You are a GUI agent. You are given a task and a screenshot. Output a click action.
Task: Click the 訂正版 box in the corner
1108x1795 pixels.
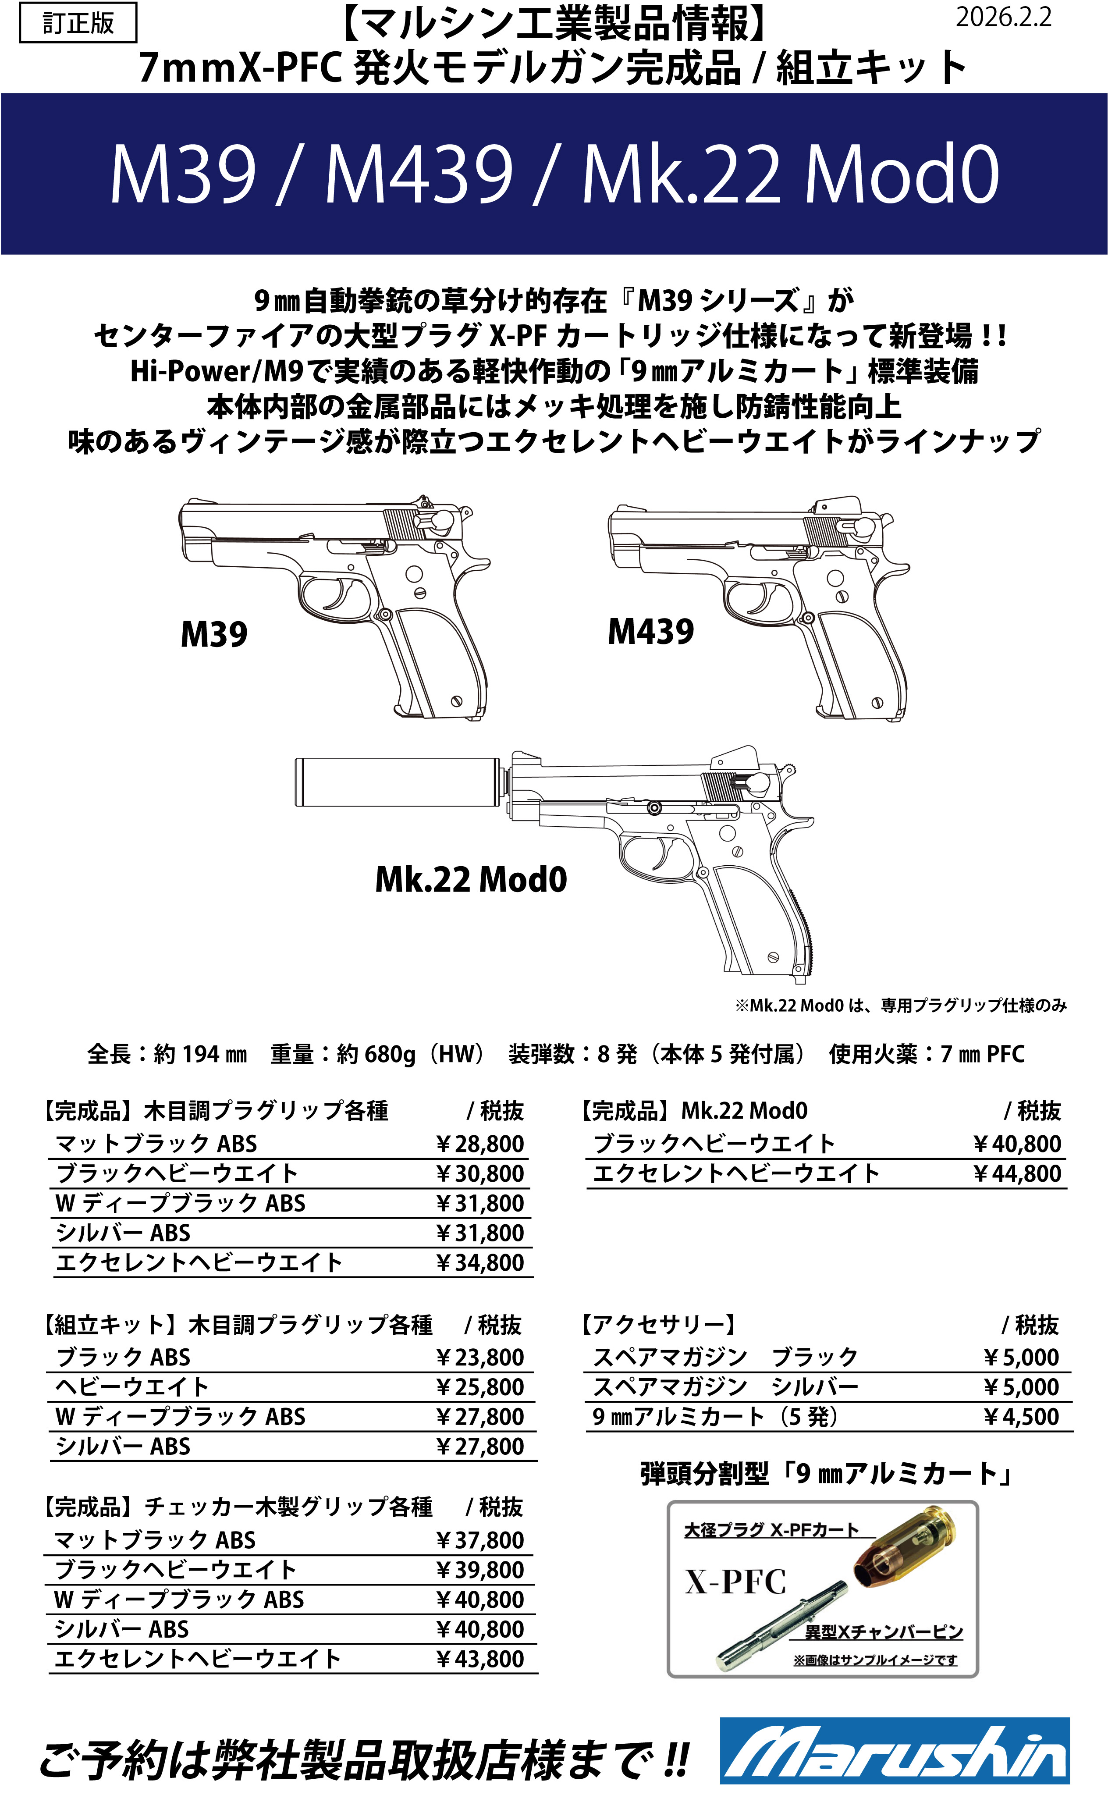click(78, 23)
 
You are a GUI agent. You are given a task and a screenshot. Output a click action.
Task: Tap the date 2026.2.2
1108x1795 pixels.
click(1002, 18)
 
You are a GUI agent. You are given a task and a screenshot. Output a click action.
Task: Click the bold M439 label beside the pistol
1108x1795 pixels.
click(651, 632)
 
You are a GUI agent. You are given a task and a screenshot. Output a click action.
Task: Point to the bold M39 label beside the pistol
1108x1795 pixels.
click(214, 634)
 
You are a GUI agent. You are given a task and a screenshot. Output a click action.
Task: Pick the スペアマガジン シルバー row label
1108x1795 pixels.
click(725, 1387)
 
